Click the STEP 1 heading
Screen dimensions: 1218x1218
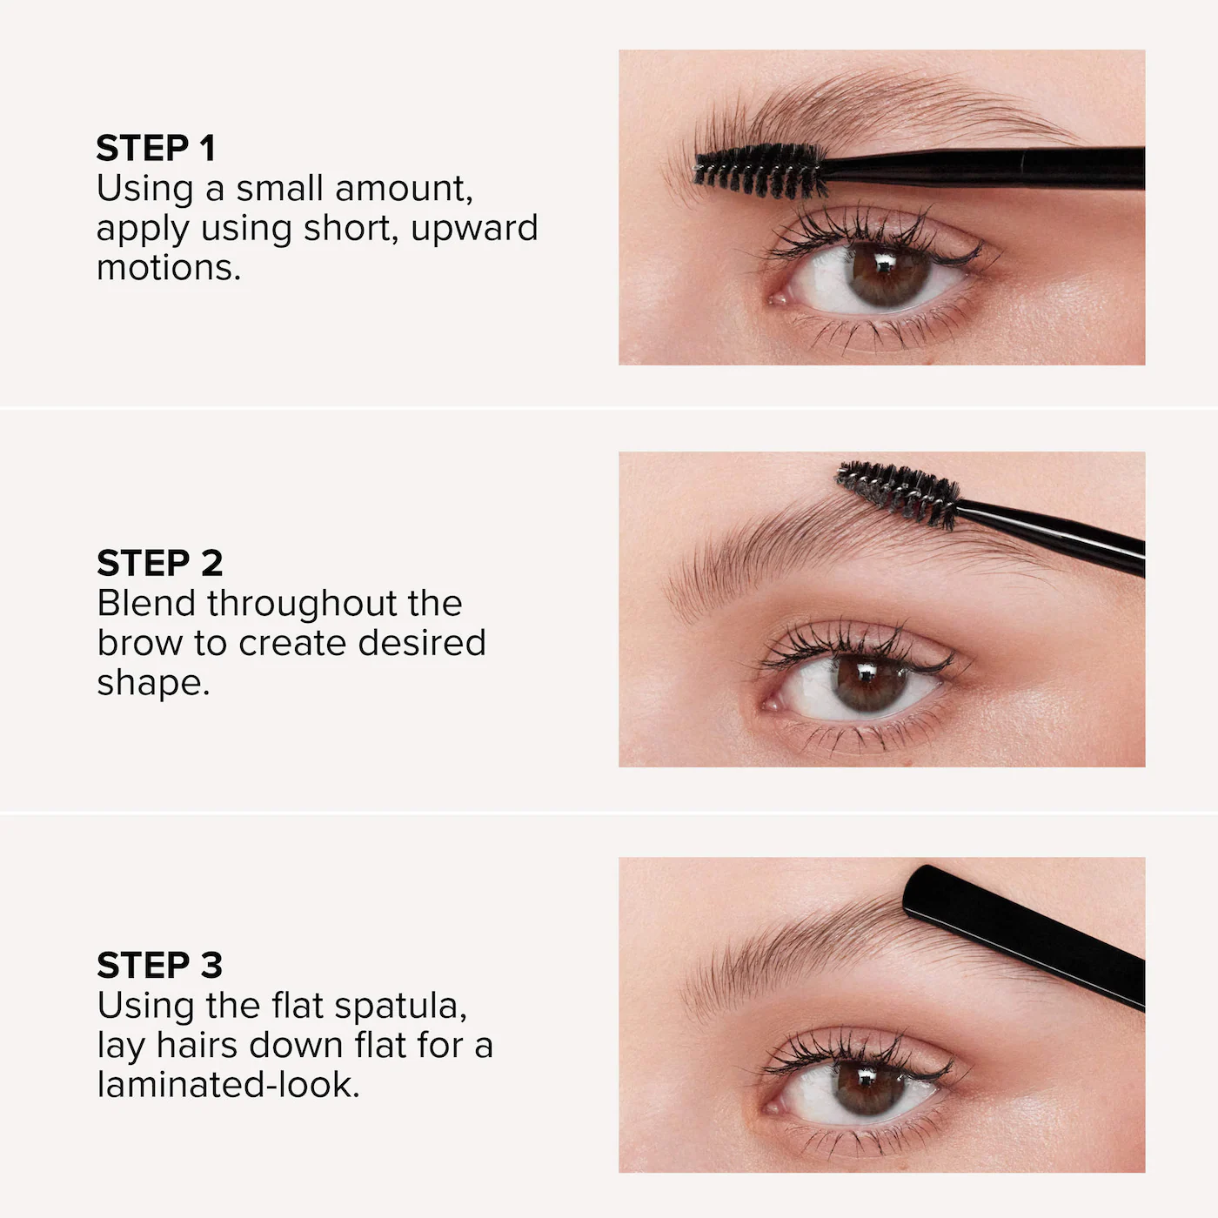tap(156, 149)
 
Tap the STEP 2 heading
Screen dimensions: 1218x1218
tap(160, 564)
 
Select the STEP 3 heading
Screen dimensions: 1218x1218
tap(160, 966)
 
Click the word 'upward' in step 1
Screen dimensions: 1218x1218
tap(474, 228)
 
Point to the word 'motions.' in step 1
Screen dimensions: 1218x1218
tap(169, 268)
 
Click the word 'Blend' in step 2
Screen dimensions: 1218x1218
tap(147, 603)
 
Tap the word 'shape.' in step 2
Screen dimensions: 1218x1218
tap(153, 683)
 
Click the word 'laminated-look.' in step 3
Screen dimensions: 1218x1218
tap(228, 1085)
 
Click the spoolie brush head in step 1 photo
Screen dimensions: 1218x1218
tap(760, 170)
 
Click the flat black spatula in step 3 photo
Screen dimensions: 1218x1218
tap(1023, 935)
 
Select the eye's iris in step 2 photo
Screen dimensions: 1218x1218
tap(869, 683)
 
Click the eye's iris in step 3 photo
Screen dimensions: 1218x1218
tap(867, 1089)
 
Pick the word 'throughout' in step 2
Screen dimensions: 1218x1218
tap(334, 603)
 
